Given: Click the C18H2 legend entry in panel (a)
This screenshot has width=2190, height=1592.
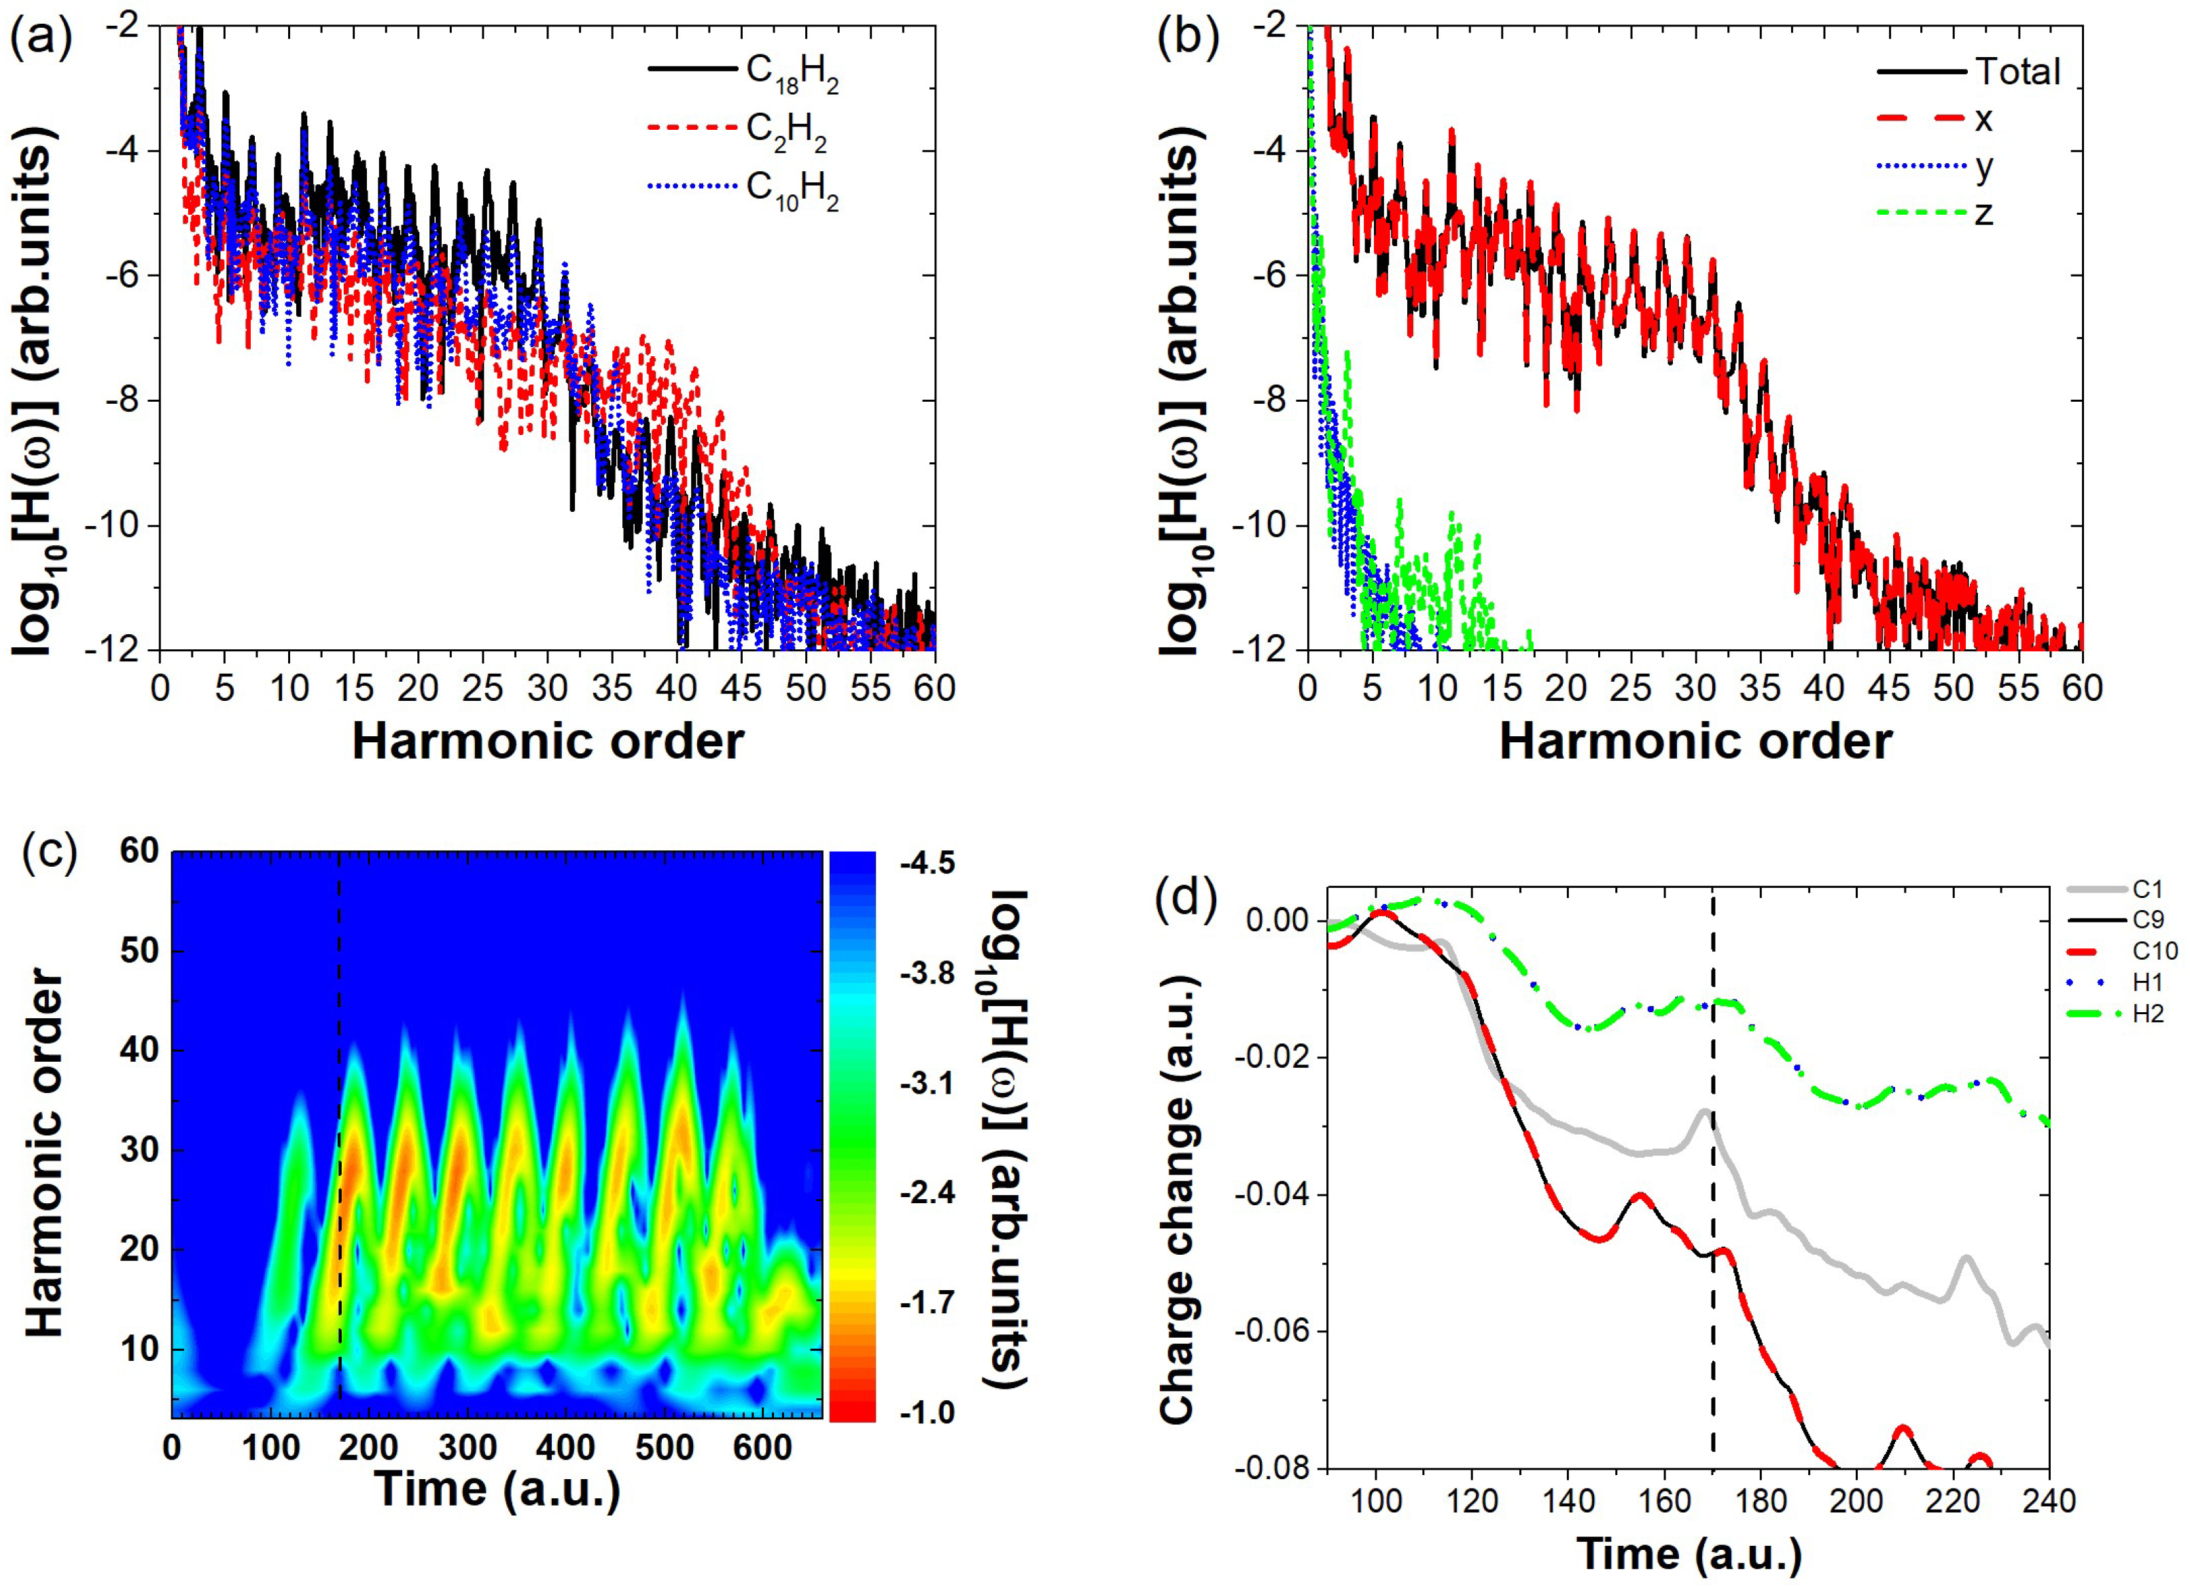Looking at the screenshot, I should [x=791, y=73].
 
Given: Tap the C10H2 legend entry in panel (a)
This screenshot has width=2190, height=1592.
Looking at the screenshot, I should [x=791, y=188].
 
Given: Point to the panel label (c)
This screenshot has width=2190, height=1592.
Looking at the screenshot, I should [x=49, y=853].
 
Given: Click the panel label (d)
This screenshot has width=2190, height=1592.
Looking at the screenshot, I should [x=1185, y=899].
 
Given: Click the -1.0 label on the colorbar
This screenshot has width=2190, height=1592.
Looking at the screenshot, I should [x=926, y=1413].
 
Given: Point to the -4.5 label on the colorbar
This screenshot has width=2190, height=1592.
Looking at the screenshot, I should [x=926, y=863].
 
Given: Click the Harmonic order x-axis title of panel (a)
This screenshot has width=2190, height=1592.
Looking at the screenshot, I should [x=548, y=742].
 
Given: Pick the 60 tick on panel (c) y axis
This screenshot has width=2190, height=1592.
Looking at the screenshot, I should [x=139, y=851].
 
